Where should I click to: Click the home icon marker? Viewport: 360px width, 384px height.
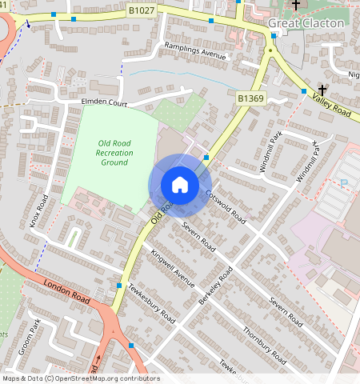coord(180,185)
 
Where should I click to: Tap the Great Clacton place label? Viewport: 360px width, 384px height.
coord(306,23)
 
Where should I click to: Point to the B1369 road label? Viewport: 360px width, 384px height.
coord(250,98)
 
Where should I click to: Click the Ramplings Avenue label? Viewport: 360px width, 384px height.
coord(196,51)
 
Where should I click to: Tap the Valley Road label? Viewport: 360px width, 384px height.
coord(333,103)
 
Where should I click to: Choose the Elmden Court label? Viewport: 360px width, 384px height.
coord(104,103)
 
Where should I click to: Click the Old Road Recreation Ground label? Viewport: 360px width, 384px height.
coord(113,152)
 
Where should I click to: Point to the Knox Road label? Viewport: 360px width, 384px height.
coord(38,211)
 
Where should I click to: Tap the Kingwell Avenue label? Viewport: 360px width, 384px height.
coord(173,268)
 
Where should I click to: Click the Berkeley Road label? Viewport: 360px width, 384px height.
coord(215,286)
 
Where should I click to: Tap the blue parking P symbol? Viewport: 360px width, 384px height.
coord(344,183)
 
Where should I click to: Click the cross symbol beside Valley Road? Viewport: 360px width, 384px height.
coord(322,89)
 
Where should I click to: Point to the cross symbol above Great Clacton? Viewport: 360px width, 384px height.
coord(296,5)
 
